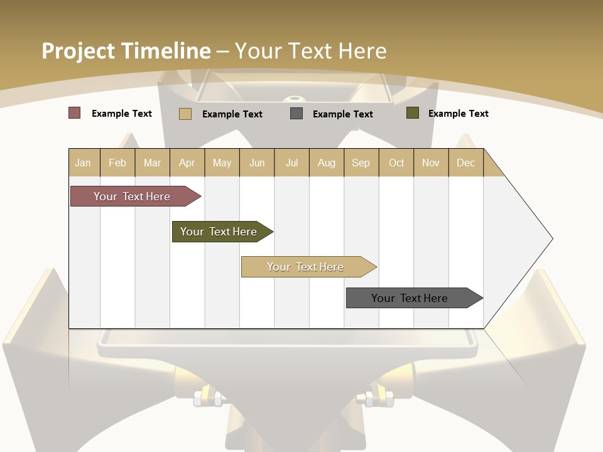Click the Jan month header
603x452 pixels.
point(83,163)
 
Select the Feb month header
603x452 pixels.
point(117,163)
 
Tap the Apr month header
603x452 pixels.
point(187,163)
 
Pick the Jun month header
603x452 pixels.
point(257,163)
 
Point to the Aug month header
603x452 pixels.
point(326,163)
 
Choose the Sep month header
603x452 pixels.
point(361,163)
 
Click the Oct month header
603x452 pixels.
point(396,163)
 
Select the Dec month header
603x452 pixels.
point(465,163)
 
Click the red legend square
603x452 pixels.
point(75,113)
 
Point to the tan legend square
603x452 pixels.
point(185,114)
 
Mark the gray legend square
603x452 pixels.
point(296,114)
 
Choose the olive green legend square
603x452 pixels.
point(413,113)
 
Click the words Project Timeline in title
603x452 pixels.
point(126,51)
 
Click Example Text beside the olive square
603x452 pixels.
point(458,114)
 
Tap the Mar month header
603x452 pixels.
point(152,163)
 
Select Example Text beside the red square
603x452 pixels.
point(121,114)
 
